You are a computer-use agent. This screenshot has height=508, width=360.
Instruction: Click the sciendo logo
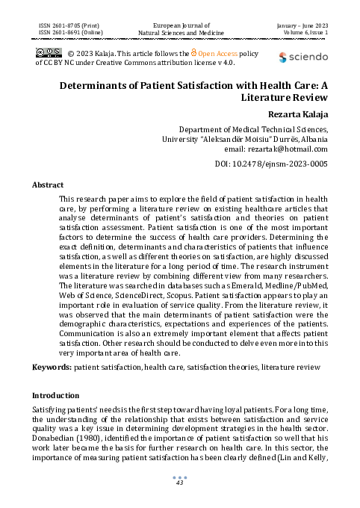point(303,57)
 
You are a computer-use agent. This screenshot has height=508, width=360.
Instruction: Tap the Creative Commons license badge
point(49,52)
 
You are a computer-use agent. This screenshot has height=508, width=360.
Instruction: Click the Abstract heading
point(48,184)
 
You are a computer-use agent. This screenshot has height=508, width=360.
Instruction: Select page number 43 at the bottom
point(179,483)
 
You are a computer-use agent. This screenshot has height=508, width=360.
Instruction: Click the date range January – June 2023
point(306,25)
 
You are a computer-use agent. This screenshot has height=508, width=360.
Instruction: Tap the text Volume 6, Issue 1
point(306,33)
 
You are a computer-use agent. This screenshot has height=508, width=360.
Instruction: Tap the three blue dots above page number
point(179,476)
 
